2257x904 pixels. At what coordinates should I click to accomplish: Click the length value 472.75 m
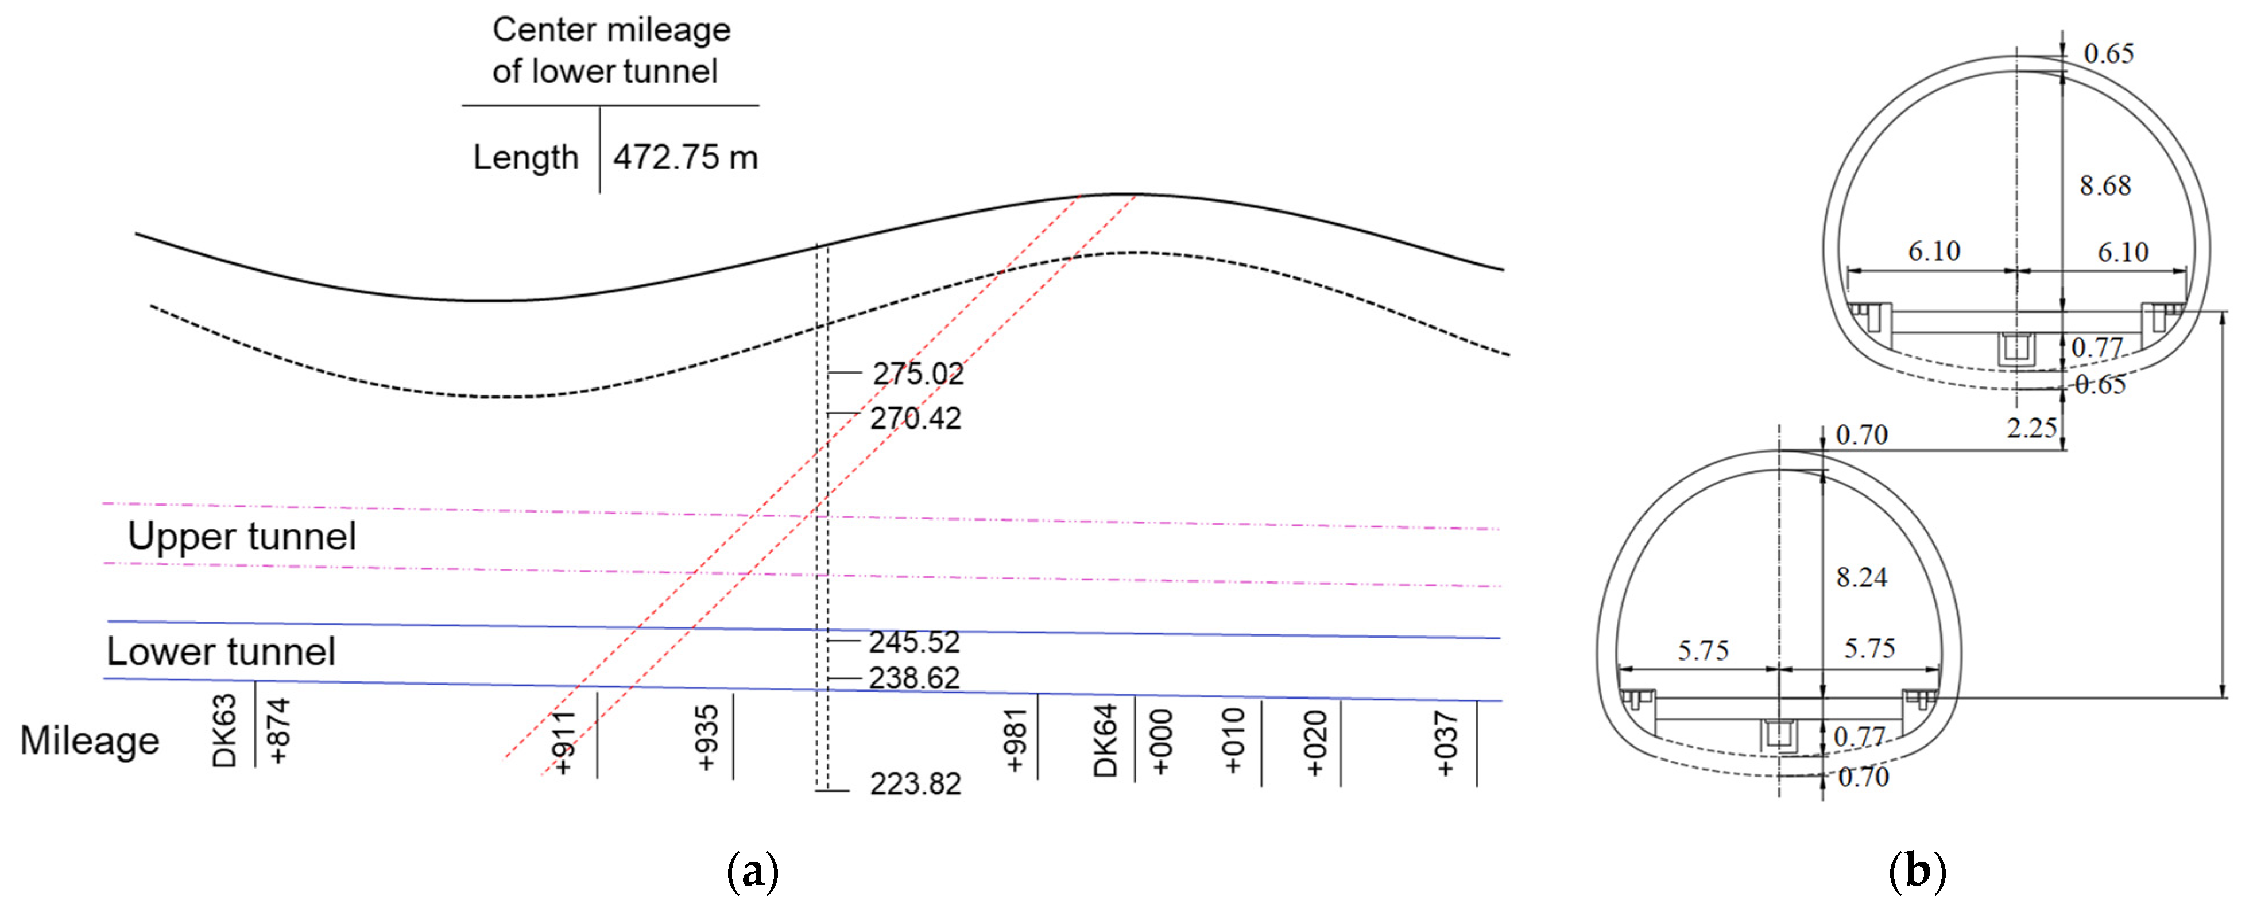coord(685,158)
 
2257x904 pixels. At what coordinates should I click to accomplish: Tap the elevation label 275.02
coord(917,374)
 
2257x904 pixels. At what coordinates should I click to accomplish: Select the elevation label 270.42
coord(916,419)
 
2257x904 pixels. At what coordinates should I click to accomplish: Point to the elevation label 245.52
coord(914,642)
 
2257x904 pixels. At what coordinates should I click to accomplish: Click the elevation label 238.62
coord(914,678)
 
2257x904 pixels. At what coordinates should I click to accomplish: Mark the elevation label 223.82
coord(915,783)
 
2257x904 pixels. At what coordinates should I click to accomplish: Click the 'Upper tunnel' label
coord(242,536)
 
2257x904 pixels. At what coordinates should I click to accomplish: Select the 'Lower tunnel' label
coord(221,651)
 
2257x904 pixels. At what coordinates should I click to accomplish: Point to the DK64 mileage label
coord(1106,740)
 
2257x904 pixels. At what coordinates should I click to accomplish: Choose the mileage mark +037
coord(1446,743)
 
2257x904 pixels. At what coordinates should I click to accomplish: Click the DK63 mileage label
coord(224,731)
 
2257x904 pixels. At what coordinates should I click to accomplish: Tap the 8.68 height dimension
coord(2104,186)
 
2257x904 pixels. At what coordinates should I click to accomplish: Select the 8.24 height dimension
coord(1861,577)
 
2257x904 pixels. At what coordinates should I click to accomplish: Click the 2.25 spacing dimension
coord(2031,428)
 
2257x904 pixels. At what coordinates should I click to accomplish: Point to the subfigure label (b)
coord(1917,871)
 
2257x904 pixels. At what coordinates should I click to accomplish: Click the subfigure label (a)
coord(753,871)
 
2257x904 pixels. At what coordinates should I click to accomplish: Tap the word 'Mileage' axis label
coord(90,741)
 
